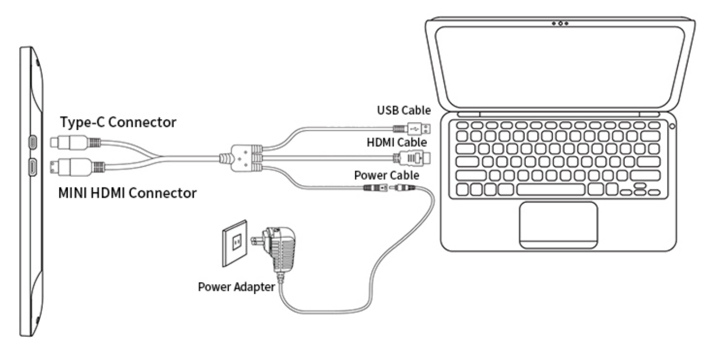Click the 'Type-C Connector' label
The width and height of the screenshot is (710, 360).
(x=118, y=123)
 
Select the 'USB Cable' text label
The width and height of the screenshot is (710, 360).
(x=403, y=110)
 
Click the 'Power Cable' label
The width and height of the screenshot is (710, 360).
(x=387, y=175)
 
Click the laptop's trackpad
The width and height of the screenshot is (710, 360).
(x=558, y=224)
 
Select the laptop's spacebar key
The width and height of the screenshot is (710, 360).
(x=550, y=189)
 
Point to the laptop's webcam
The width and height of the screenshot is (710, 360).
(x=560, y=24)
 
